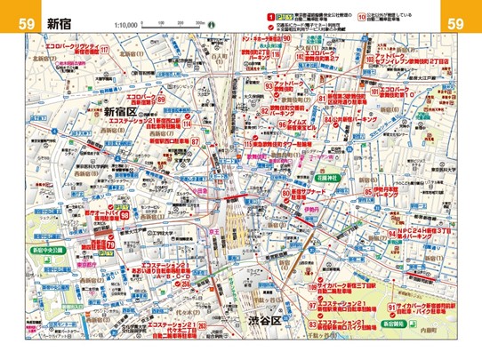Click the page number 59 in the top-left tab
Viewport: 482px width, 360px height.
tap(27, 23)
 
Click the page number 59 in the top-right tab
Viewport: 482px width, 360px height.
tap(455, 23)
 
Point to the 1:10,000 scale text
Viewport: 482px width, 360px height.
tap(126, 27)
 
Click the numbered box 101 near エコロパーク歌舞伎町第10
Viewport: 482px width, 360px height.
tap(376, 92)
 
